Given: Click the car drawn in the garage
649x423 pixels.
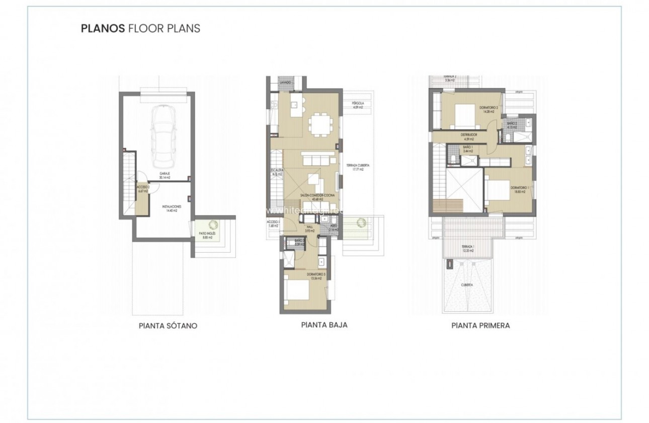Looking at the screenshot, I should coord(163,136).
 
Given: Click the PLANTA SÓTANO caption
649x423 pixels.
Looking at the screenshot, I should coord(168,326).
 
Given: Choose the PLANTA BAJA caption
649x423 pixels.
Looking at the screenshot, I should coord(324,325).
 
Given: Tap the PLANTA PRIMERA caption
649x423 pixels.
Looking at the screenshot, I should coord(480,325).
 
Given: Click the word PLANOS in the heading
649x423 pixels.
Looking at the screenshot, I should coord(103,28).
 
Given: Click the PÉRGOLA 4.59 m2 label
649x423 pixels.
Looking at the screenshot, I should coord(358,105).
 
